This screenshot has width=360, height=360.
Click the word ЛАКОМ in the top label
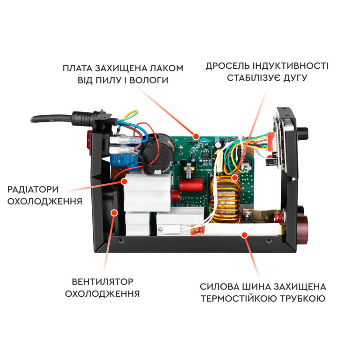tap(166, 68)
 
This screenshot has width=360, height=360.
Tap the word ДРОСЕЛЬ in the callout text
tap(227, 66)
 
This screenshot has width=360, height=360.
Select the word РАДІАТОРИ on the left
tap(33, 189)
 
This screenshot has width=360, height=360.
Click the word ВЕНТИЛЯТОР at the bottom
tap(103, 282)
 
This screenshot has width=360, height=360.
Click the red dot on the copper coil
tap(235, 178)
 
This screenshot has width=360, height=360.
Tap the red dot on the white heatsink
tap(124, 181)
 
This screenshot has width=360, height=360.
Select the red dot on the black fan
tap(114, 213)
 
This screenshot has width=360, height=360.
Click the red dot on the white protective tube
tap(244, 235)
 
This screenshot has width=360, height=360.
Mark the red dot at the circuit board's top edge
tap(196, 136)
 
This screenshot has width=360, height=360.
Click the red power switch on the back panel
tap(90, 143)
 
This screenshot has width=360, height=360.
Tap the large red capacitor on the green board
tap(191, 185)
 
